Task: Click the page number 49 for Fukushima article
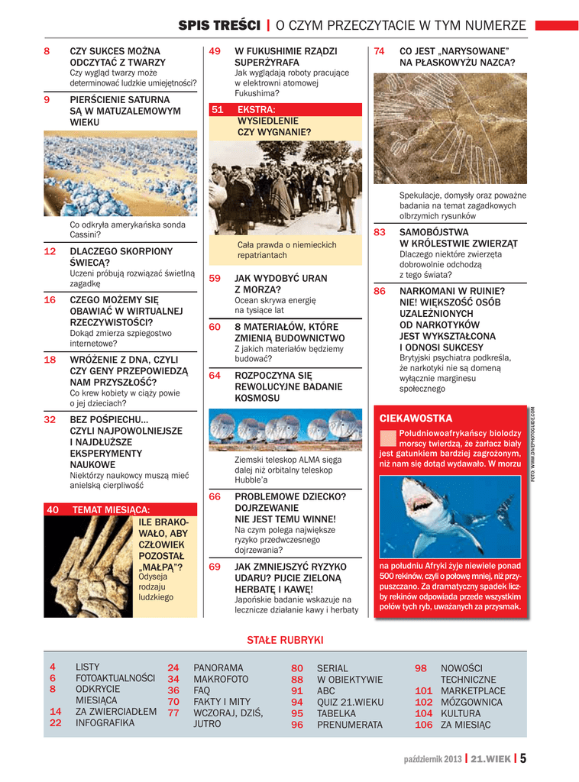(x=215, y=51)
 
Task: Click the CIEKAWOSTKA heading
(x=416, y=418)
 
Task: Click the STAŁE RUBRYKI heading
(x=285, y=639)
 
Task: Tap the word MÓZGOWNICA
(x=471, y=702)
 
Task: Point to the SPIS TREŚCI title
(x=218, y=26)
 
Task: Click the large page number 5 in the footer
(x=524, y=758)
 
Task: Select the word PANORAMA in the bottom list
(x=218, y=667)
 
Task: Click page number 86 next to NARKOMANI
(x=380, y=291)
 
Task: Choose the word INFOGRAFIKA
(x=105, y=722)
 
